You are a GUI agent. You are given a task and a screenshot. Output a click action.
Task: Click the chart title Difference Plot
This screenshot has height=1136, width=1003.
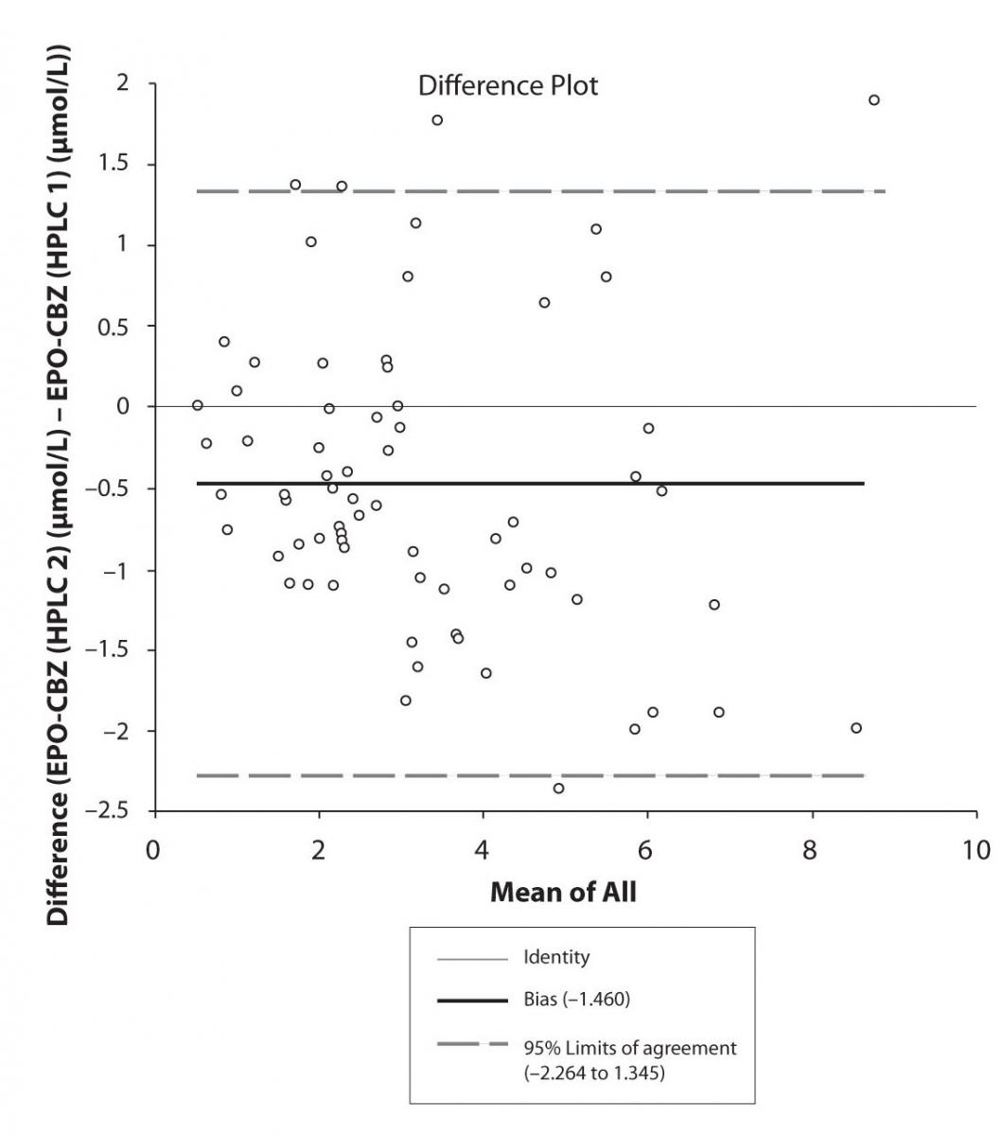tap(508, 86)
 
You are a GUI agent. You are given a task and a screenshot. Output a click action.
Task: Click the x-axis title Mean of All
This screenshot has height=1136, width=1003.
tap(563, 892)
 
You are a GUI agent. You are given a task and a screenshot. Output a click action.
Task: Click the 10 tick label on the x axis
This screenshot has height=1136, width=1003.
tap(976, 849)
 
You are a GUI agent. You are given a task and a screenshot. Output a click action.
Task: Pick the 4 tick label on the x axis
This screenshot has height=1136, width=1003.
tap(483, 849)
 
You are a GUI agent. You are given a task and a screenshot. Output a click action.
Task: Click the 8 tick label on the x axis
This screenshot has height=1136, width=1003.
tap(811, 849)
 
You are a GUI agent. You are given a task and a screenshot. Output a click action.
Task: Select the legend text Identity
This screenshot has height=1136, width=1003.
tap(556, 957)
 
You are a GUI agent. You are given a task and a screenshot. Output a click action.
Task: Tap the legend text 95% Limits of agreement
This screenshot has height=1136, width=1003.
tap(629, 1048)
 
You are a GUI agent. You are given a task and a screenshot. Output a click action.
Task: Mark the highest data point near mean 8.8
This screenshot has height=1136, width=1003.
tap(873, 100)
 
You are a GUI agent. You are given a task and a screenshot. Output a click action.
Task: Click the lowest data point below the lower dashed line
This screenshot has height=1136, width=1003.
tap(558, 789)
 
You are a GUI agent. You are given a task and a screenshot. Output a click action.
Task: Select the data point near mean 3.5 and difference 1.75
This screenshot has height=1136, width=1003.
tap(437, 120)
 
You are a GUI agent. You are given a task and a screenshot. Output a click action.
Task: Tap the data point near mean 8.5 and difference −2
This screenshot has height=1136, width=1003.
tap(856, 728)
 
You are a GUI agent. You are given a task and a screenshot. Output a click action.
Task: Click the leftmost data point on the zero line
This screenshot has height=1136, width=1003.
tap(198, 405)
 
